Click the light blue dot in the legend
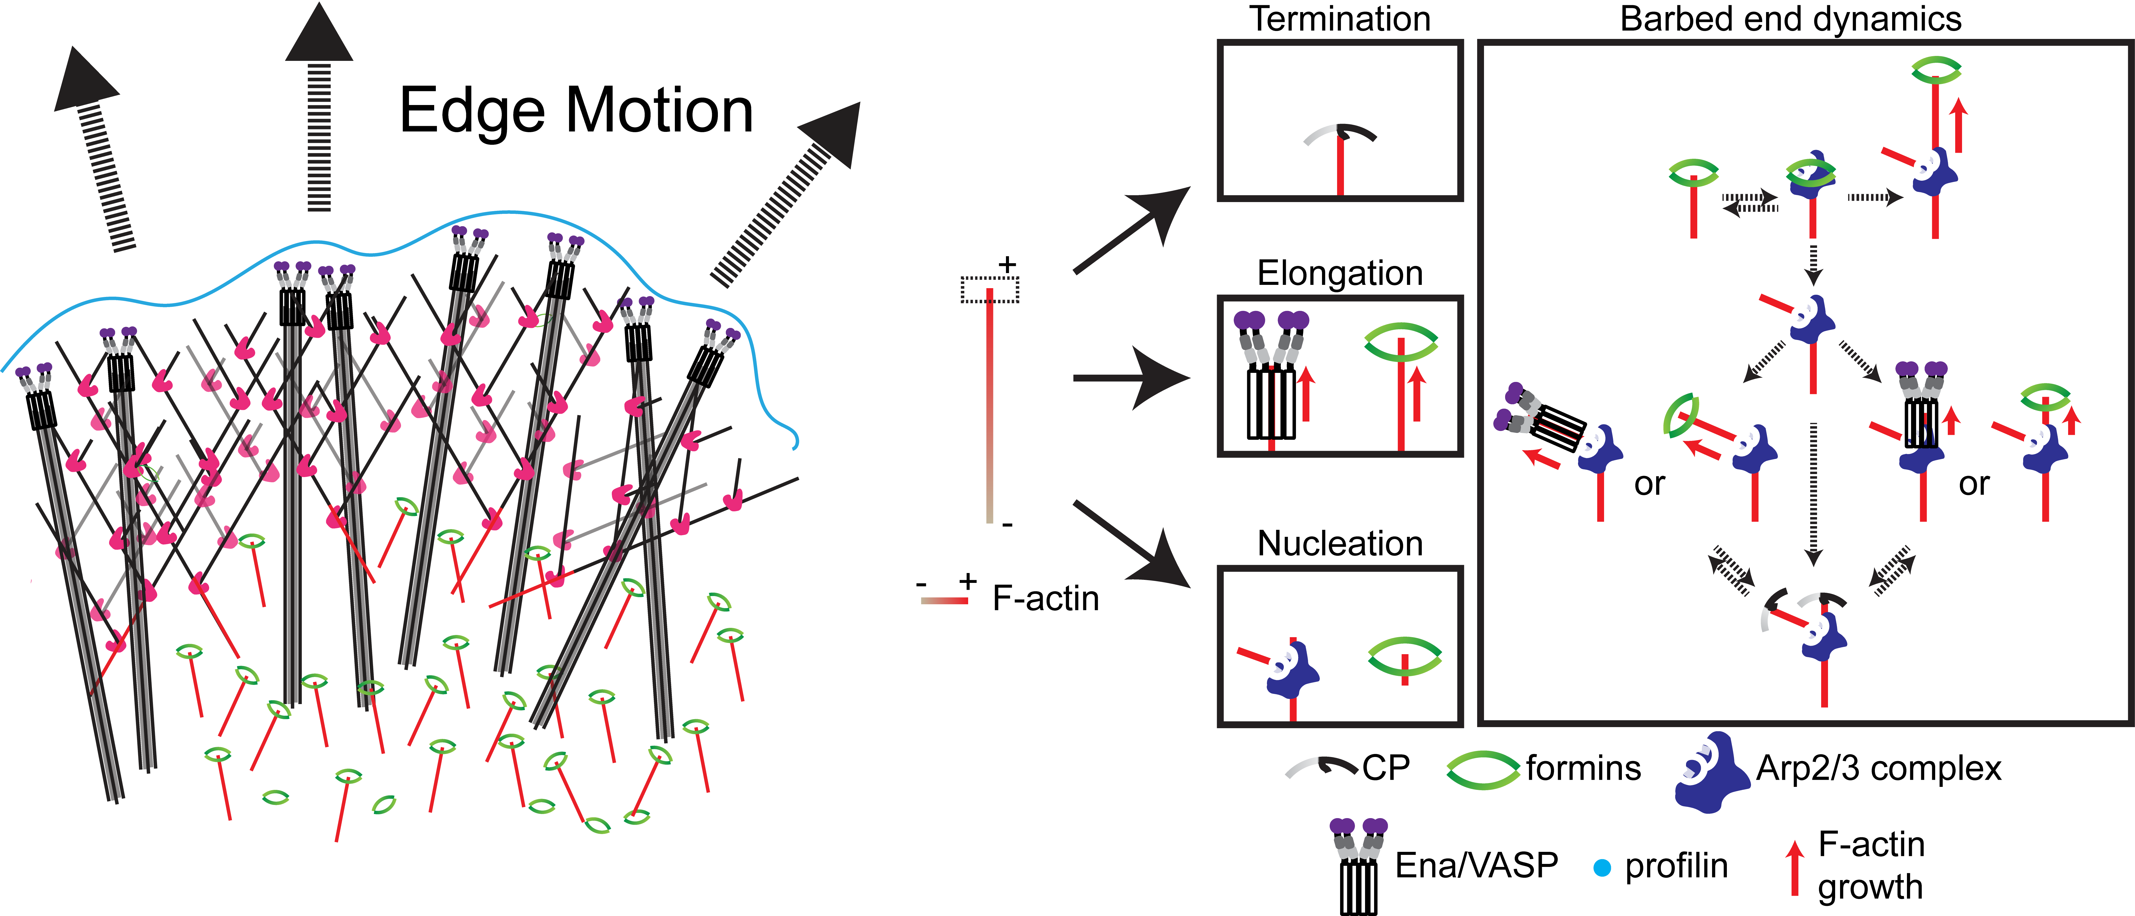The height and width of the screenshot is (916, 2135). click(1602, 868)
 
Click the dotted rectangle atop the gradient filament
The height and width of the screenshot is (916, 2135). click(990, 289)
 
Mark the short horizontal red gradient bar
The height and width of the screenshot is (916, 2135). click(944, 601)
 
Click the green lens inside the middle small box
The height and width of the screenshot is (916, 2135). click(1401, 342)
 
